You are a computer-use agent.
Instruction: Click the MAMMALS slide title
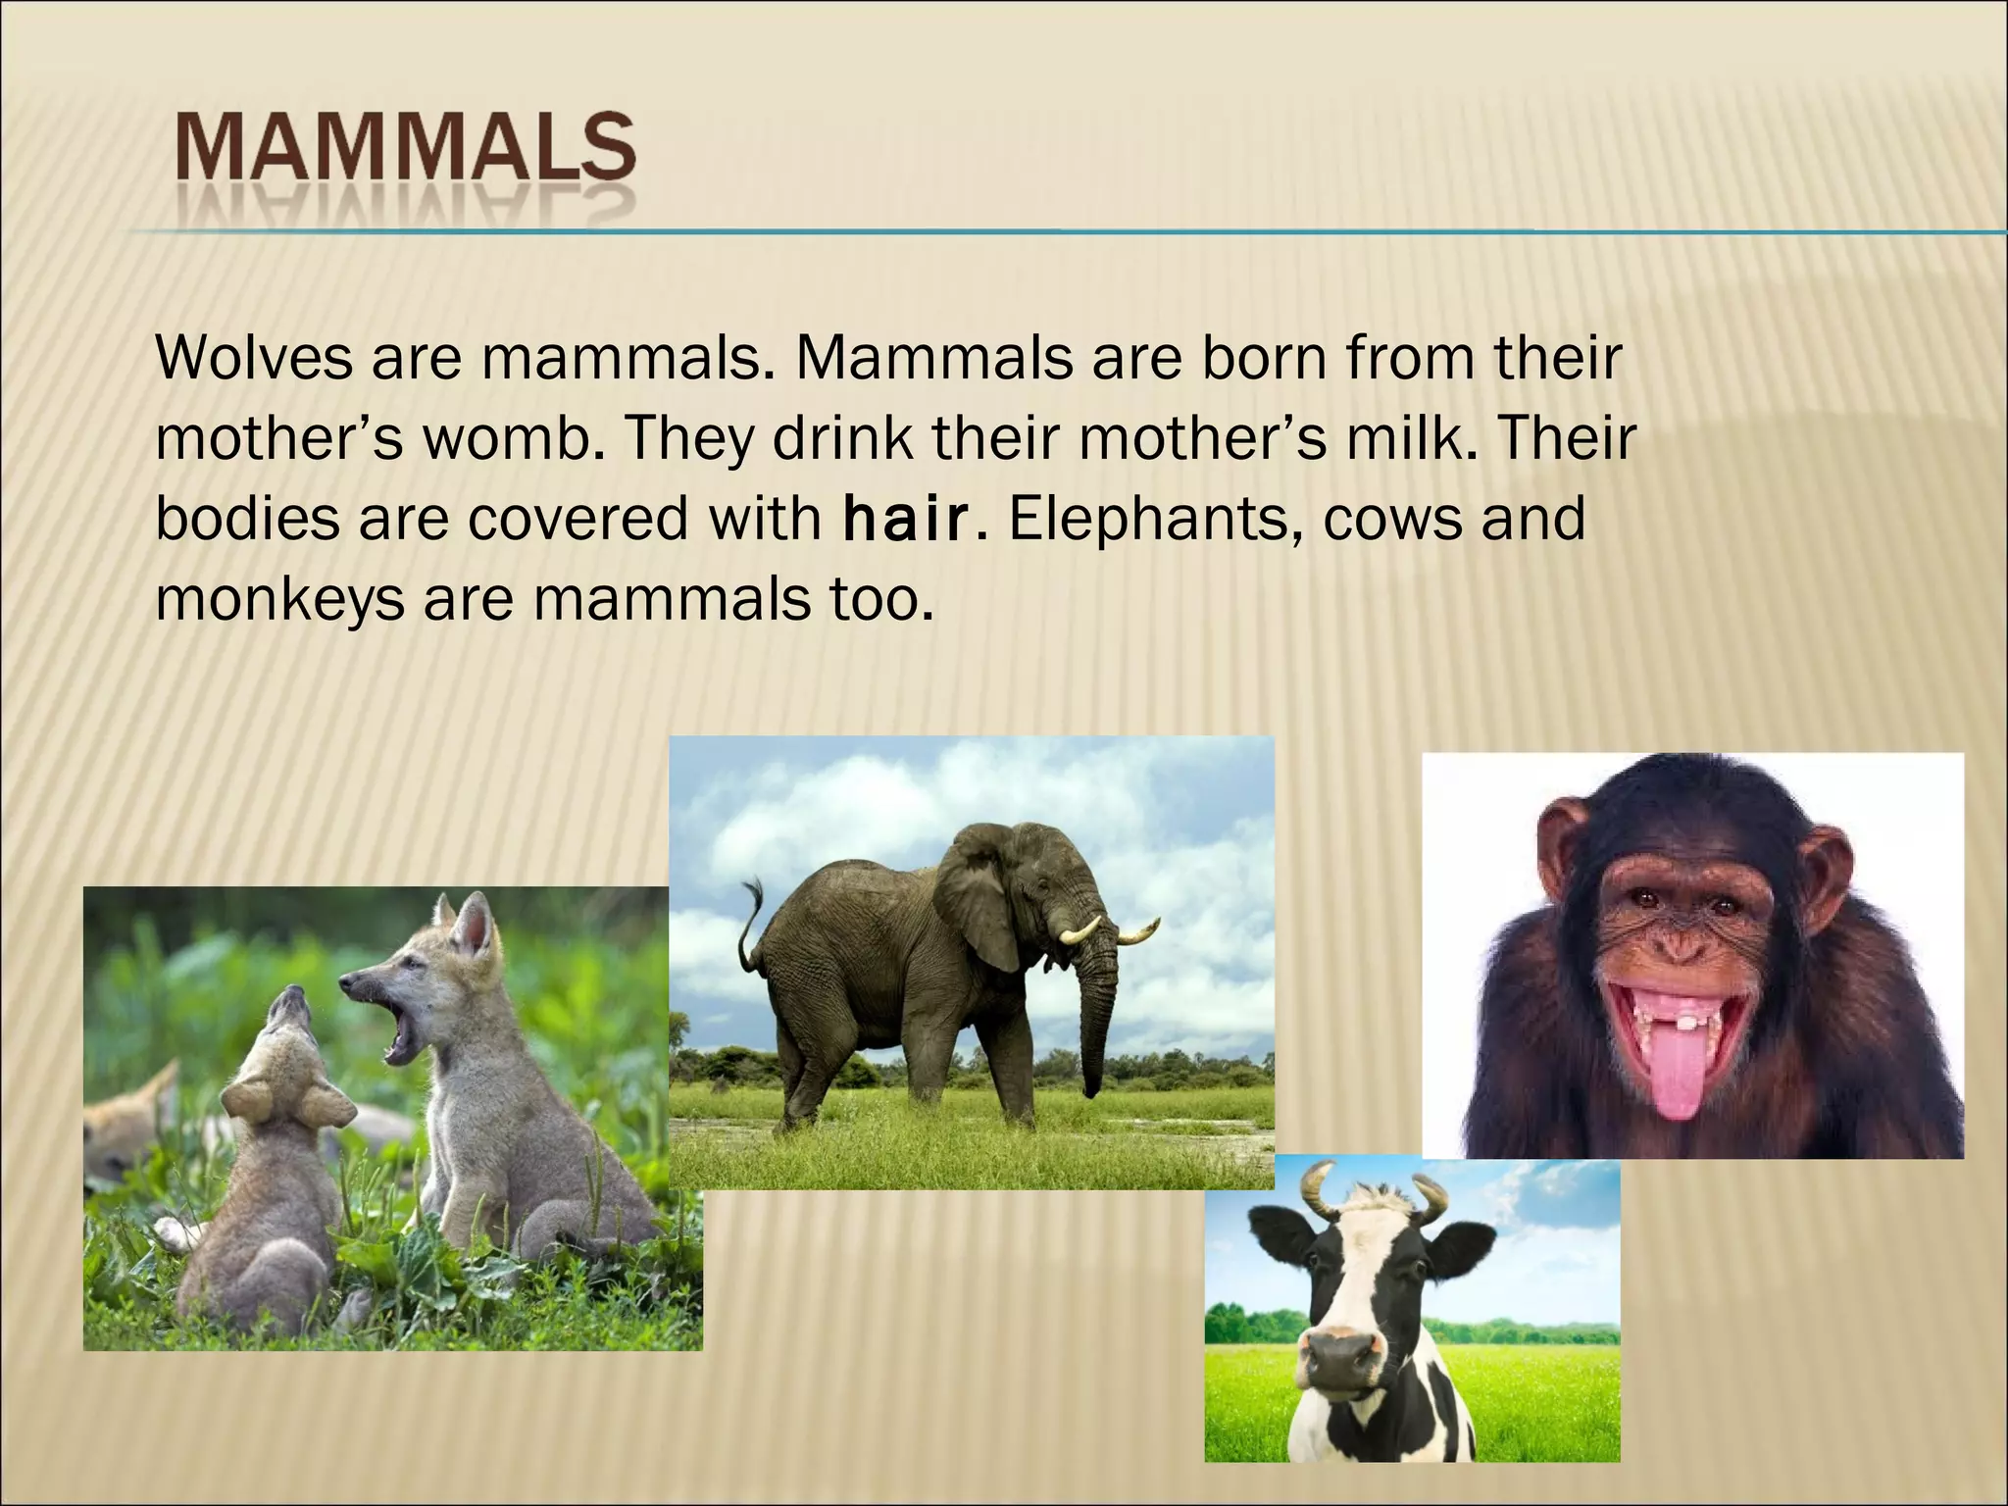pyautogui.click(x=405, y=157)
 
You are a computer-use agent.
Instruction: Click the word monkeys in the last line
pyautogui.click(x=279, y=600)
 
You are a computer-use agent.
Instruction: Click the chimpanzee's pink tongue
pyautogui.click(x=1680, y=1079)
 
